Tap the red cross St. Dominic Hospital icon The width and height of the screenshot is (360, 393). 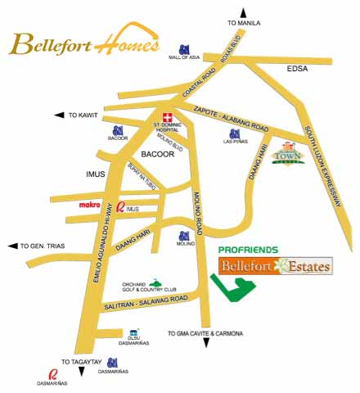click(166, 116)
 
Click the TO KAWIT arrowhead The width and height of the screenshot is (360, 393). click(59, 115)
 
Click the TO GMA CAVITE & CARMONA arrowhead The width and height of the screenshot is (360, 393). click(208, 343)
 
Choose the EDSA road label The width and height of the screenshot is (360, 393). click(298, 70)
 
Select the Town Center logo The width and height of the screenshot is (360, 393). click(290, 156)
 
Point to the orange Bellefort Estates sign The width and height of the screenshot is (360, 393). click(276, 266)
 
